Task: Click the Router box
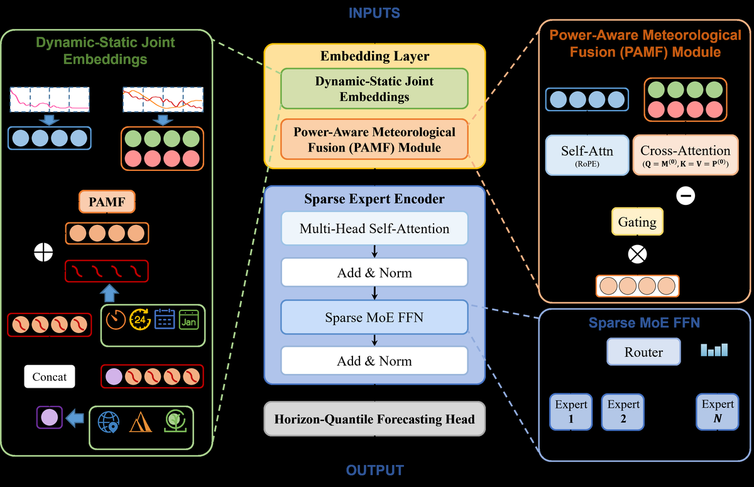click(x=643, y=352)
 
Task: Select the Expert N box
click(x=718, y=412)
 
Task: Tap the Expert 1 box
click(x=571, y=412)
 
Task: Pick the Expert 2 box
click(x=623, y=412)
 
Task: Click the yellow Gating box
click(x=637, y=221)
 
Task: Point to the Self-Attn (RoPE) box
click(x=587, y=155)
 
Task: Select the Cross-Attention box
click(x=686, y=155)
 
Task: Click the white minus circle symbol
click(x=686, y=195)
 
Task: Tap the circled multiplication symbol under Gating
click(x=637, y=254)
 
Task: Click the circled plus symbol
click(x=43, y=252)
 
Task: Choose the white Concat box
click(x=50, y=376)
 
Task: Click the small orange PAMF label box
click(x=107, y=202)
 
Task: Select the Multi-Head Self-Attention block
click(x=374, y=229)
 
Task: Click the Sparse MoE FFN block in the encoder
click(x=374, y=317)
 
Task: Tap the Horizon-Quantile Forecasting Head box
click(x=374, y=419)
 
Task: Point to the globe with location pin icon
click(x=108, y=422)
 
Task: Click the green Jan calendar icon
click(x=189, y=319)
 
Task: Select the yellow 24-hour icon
click(x=140, y=319)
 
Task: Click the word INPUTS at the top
click(x=374, y=13)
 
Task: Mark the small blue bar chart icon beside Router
click(x=714, y=350)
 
